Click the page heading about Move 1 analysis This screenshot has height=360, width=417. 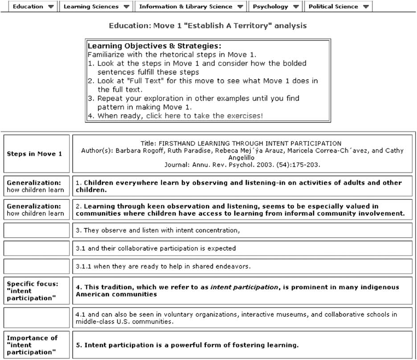point(208,26)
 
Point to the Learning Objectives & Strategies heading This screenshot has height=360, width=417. point(154,46)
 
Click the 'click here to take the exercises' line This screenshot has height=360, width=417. point(180,116)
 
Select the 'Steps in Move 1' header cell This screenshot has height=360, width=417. point(35,154)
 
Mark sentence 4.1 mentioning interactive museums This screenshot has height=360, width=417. point(236,318)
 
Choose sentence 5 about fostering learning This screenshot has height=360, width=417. point(192,345)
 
